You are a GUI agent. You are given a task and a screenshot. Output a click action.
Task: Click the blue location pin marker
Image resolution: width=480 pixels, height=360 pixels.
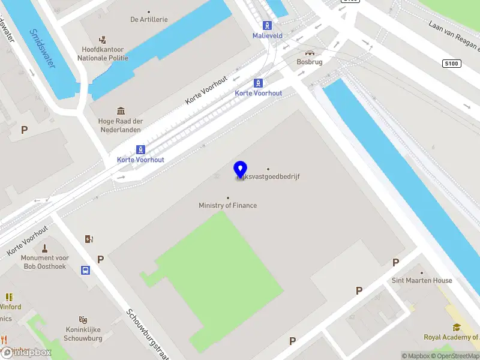pyautogui.click(x=241, y=170)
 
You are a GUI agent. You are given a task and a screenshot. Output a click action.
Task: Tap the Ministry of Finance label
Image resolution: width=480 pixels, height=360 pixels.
pyautogui.click(x=228, y=205)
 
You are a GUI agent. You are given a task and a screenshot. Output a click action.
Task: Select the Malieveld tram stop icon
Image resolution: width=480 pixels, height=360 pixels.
pyautogui.click(x=267, y=26)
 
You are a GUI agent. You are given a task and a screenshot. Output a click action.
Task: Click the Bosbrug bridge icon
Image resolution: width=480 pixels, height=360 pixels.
pyautogui.click(x=310, y=52)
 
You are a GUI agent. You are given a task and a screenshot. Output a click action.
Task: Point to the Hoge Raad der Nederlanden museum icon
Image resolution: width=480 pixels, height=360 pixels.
pyautogui.click(x=121, y=111)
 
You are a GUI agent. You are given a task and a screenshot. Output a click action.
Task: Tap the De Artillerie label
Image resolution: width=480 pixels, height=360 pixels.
pyautogui.click(x=149, y=19)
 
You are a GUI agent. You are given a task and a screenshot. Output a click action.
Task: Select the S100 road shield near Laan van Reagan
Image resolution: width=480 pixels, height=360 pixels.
pyautogui.click(x=452, y=63)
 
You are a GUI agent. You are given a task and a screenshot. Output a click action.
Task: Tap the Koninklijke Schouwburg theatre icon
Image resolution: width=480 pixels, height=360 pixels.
pyautogui.click(x=83, y=320)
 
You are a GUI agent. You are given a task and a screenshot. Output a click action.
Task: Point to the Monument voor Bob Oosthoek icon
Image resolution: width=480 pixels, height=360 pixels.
pyautogui.click(x=45, y=248)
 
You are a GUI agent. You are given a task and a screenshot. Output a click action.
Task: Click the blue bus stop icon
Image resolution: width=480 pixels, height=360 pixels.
pyautogui.click(x=86, y=270)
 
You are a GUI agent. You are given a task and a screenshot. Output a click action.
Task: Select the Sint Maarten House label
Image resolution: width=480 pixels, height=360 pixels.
pyautogui.click(x=422, y=280)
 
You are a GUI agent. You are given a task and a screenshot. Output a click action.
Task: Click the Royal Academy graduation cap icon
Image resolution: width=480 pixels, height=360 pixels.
pyautogui.click(x=457, y=327)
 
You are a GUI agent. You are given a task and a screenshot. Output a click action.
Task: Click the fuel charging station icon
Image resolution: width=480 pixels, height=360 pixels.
pyautogui.click(x=89, y=239)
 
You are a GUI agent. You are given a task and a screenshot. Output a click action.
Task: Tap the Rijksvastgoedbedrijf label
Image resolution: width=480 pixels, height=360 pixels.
pyautogui.click(x=268, y=177)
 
